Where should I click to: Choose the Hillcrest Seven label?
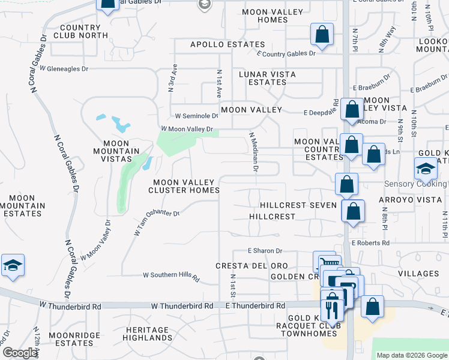point(298,205)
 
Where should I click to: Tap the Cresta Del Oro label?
point(252,266)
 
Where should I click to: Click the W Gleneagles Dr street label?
point(63,69)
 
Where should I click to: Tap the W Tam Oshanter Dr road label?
point(157,222)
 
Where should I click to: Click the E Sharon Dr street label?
point(265,251)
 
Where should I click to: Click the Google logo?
point(20,353)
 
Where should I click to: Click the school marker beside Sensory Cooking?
point(426,169)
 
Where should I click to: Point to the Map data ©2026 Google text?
point(412,355)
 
